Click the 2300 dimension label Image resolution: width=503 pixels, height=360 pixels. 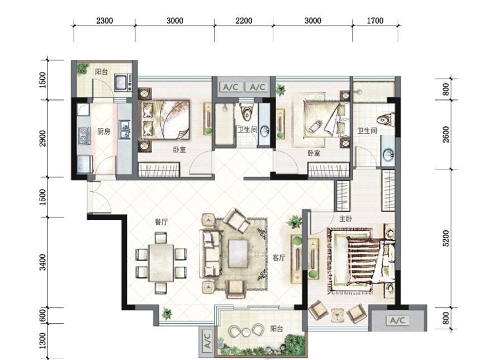(105, 21)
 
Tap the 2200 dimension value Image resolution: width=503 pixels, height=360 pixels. (244, 21)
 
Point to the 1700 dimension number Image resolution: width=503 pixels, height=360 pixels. (375, 21)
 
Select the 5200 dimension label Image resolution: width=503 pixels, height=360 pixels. (446, 238)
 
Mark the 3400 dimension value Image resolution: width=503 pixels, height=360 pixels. (42, 262)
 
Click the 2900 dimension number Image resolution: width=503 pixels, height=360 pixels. (42, 138)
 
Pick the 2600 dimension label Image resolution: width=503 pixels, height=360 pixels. (446, 134)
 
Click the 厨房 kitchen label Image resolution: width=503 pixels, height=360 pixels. (103, 131)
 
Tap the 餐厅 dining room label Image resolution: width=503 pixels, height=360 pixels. (161, 222)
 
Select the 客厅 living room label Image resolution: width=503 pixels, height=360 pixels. (278, 258)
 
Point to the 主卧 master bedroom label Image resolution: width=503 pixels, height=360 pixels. (346, 219)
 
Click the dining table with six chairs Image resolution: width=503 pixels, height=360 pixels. (161, 263)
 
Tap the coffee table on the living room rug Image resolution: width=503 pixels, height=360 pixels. (238, 254)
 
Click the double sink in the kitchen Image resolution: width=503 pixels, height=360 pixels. (125, 129)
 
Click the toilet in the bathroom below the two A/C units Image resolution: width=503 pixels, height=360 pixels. (246, 111)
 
